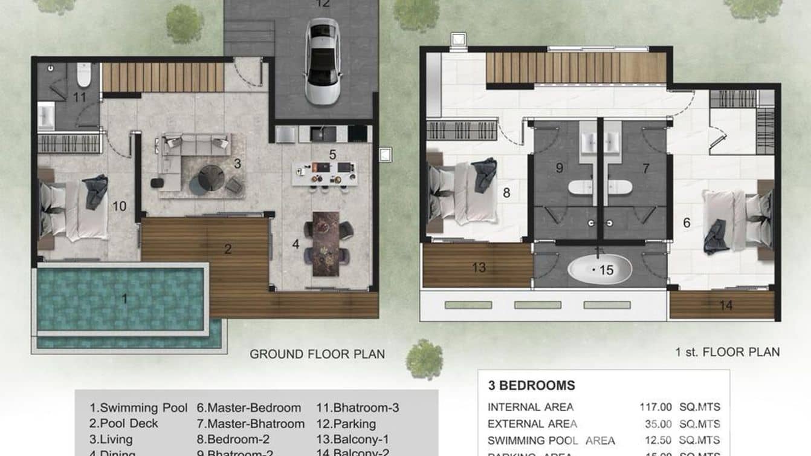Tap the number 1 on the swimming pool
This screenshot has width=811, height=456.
pyautogui.click(x=125, y=298)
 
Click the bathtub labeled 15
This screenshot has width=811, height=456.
pyautogui.click(x=599, y=270)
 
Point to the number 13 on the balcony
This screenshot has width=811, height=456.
pyautogui.click(x=479, y=267)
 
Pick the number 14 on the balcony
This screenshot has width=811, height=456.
pyautogui.click(x=725, y=305)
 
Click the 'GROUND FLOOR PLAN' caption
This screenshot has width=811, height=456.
pyautogui.click(x=317, y=354)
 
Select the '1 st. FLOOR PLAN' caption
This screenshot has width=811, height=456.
pyautogui.click(x=728, y=351)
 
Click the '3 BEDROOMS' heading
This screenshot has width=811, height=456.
pyautogui.click(x=531, y=386)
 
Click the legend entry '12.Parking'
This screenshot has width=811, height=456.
pyautogui.click(x=346, y=424)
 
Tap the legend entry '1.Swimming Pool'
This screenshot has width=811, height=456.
pyautogui.click(x=138, y=408)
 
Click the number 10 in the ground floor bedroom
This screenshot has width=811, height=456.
pyautogui.click(x=119, y=207)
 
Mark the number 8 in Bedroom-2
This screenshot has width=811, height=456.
pyautogui.click(x=506, y=194)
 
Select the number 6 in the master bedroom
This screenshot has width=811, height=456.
pyautogui.click(x=687, y=223)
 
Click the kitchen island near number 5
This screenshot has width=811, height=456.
pyautogui.click(x=324, y=174)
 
